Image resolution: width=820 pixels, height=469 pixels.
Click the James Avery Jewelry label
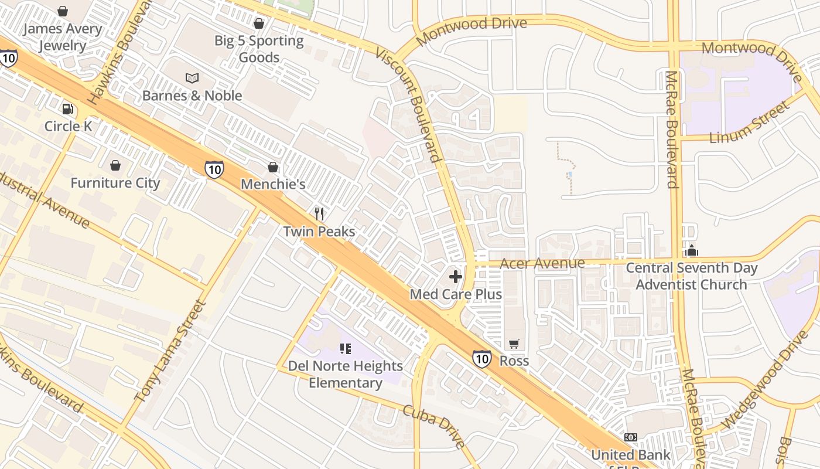pyautogui.click(x=63, y=37)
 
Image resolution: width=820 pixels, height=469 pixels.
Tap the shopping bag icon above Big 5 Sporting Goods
pyautogui.click(x=259, y=23)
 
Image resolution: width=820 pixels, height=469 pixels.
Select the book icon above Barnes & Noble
pyautogui.click(x=192, y=78)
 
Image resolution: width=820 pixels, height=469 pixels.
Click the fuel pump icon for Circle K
pyautogui.click(x=69, y=109)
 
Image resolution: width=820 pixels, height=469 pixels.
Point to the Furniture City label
pyautogui.click(x=115, y=183)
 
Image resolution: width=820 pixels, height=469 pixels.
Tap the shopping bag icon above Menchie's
pyautogui.click(x=273, y=167)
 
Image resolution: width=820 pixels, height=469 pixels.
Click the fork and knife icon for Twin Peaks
pyautogui.click(x=319, y=214)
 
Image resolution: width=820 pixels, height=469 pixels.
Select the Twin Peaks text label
pyautogui.click(x=319, y=232)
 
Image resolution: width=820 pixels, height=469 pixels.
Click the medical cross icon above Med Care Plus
pyautogui.click(x=456, y=277)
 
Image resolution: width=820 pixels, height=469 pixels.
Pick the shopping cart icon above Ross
pyautogui.click(x=514, y=344)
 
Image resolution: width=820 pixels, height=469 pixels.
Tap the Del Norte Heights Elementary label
pyautogui.click(x=346, y=375)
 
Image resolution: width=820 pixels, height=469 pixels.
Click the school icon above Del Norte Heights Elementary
pyautogui.click(x=346, y=349)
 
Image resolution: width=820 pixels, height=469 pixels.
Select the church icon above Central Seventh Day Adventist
pyautogui.click(x=692, y=250)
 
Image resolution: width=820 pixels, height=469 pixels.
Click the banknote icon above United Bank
pyautogui.click(x=631, y=437)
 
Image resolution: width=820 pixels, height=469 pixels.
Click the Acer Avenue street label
pyautogui.click(x=542, y=263)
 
